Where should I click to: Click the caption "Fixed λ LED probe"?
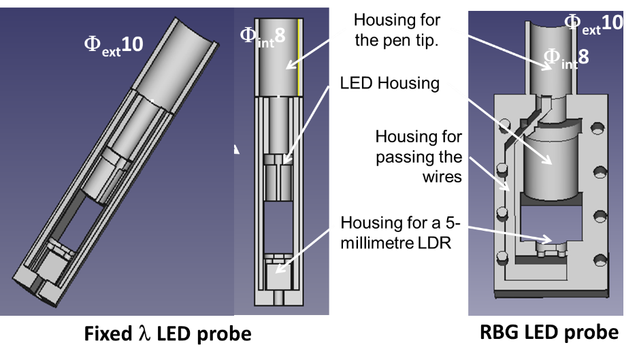[x=167, y=333]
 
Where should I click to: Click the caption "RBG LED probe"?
[x=549, y=332]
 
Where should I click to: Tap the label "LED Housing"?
[x=389, y=83]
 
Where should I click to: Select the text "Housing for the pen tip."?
[x=397, y=30]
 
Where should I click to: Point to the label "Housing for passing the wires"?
[x=419, y=157]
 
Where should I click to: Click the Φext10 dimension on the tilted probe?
[x=114, y=46]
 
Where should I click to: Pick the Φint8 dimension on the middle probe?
[x=263, y=37]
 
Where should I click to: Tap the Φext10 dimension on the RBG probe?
[x=593, y=24]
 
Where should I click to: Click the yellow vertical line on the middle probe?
[x=299, y=58]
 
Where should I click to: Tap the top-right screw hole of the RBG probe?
[x=598, y=129]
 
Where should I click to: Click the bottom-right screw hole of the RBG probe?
[x=600, y=260]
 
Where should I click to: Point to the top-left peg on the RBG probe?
[x=504, y=124]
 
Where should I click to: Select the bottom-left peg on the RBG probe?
[x=502, y=258]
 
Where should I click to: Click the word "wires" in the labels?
[x=442, y=177]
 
